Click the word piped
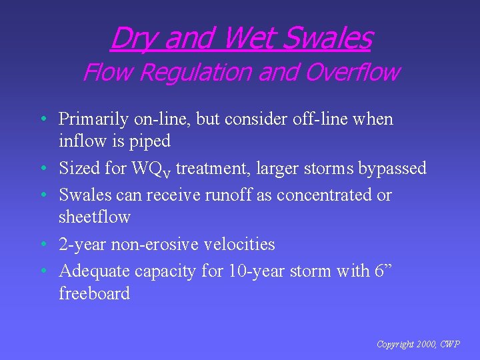point(151,141)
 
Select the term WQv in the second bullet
point(153,169)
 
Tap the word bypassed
point(392,169)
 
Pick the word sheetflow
point(94,217)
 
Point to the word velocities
point(240,244)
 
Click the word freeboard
point(94,293)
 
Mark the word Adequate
point(94,271)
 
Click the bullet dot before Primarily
point(43,120)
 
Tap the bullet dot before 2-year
point(43,245)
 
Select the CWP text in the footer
point(450,345)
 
